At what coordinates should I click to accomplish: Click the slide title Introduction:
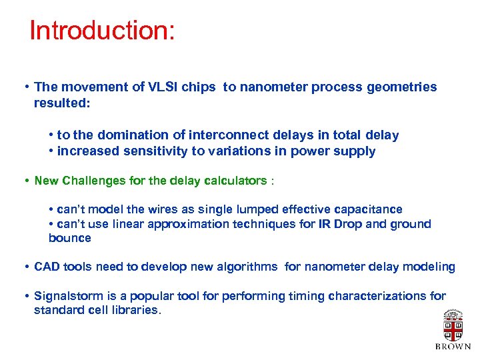click(x=102, y=31)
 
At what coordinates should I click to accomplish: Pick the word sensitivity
click(x=153, y=151)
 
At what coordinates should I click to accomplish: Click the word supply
click(x=357, y=151)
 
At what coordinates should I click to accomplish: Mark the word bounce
click(x=70, y=238)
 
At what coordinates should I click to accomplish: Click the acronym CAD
click(x=47, y=267)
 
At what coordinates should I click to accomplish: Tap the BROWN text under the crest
click(x=453, y=347)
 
